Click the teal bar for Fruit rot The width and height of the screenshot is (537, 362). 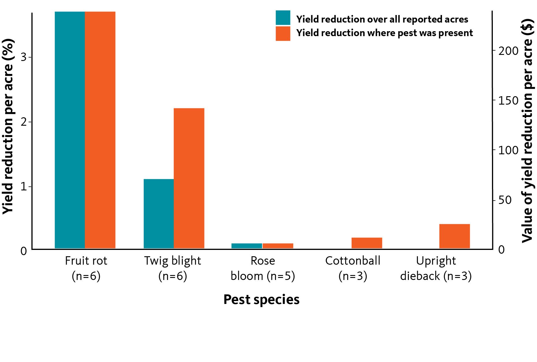point(70,130)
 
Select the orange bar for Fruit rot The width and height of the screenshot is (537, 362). point(100,130)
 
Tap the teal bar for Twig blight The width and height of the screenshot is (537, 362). point(159,214)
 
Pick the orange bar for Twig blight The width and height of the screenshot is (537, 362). point(189,178)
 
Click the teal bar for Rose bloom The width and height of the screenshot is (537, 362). point(247,246)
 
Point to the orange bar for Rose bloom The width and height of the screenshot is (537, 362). point(278,246)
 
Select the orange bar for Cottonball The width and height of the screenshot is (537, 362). point(367,243)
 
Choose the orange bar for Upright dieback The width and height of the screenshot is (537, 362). point(455,236)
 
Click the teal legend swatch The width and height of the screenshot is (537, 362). point(283,18)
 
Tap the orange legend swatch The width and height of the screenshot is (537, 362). point(283,34)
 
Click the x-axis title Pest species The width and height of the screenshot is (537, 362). point(262,300)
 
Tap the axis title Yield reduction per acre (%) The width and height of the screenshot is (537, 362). point(8,126)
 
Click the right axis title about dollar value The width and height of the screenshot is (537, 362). point(527,131)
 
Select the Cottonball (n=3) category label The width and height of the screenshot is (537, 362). point(353,268)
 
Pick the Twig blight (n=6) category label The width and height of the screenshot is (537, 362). point(173,268)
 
